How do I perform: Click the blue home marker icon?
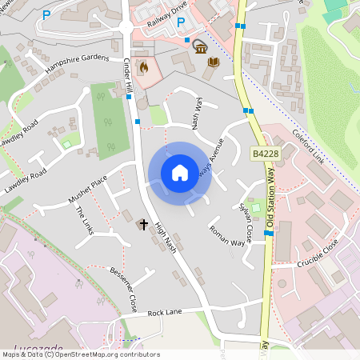pos(180,173)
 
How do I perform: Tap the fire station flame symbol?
pos(144,67)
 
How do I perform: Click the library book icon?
pos(213,62)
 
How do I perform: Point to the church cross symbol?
pos(144,225)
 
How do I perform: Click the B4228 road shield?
pos(265,153)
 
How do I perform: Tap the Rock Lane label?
pos(165,311)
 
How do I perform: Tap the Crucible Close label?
pos(320,255)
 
